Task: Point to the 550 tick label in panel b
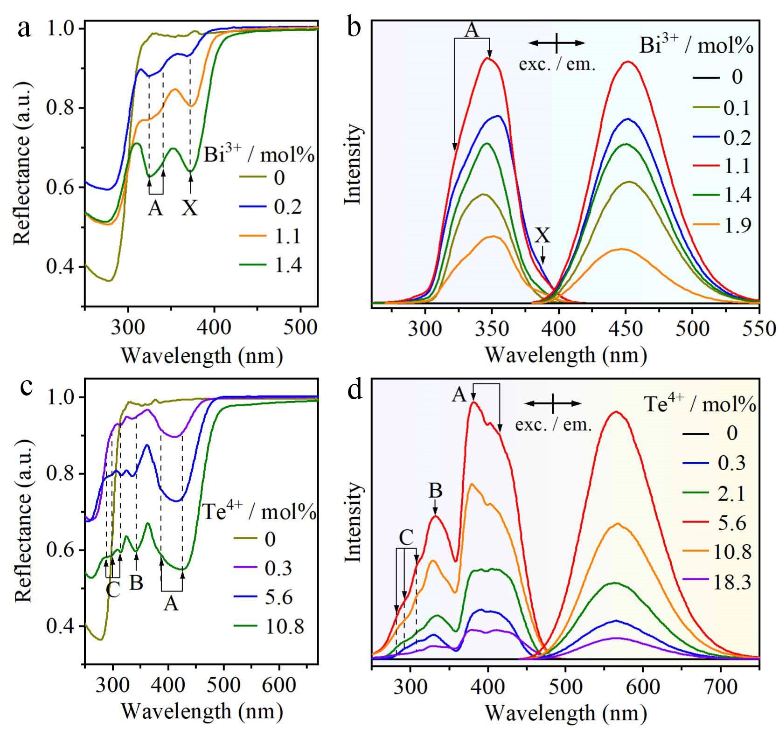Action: (759, 328)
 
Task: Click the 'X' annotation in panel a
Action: (189, 208)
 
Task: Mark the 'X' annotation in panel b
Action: (543, 236)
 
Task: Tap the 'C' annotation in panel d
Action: (406, 538)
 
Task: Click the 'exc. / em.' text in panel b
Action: (557, 65)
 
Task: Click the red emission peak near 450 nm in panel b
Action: (628, 62)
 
